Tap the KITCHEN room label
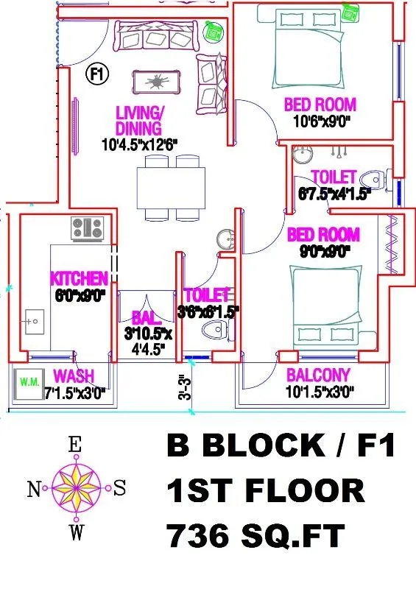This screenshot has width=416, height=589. point(79,279)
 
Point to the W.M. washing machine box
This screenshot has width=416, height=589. point(30,382)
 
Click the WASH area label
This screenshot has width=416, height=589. point(74,375)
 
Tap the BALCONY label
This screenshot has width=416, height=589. point(318,375)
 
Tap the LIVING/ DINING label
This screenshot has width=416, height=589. point(138,121)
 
